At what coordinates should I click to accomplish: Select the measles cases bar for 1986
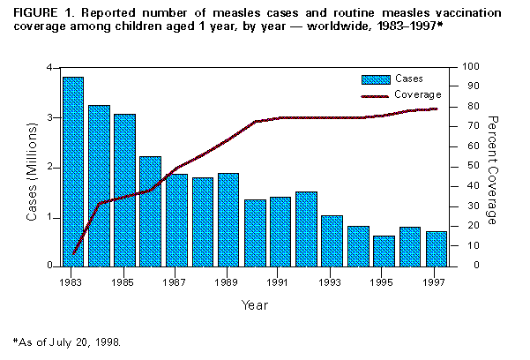pyautogui.click(x=150, y=211)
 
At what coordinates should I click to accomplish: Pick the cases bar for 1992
pyautogui.click(x=306, y=229)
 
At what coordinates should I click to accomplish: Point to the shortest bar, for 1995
pyautogui.click(x=384, y=251)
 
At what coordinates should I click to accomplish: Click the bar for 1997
pyautogui.click(x=436, y=248)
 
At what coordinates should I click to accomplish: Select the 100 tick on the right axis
pyautogui.click(x=472, y=67)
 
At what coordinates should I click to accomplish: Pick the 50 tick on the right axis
pyautogui.click(x=468, y=167)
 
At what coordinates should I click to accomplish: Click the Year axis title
pyautogui.click(x=254, y=304)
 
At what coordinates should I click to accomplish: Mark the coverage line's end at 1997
pyautogui.click(x=436, y=109)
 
